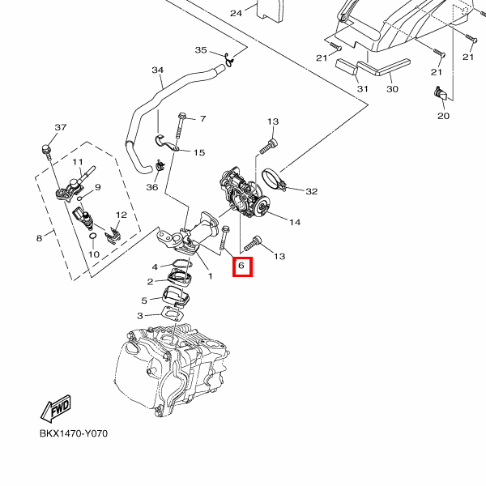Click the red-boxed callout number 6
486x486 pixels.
tap(242, 265)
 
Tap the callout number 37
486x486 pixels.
tap(60, 128)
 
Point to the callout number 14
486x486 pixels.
tap(294, 222)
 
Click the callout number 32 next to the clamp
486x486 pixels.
tap(311, 192)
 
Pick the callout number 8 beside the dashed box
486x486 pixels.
tap(38, 238)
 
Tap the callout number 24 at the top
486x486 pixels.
tap(236, 13)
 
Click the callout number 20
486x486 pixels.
tap(443, 117)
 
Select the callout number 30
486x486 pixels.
tap(392, 88)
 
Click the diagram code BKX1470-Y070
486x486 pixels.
tap(74, 433)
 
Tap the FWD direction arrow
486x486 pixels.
tap(56, 409)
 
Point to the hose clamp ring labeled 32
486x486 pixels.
tap(274, 179)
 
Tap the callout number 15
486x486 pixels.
tap(198, 152)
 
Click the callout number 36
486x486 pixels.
tap(151, 188)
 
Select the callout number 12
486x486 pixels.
tap(122, 215)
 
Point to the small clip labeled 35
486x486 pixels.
tap(230, 58)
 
